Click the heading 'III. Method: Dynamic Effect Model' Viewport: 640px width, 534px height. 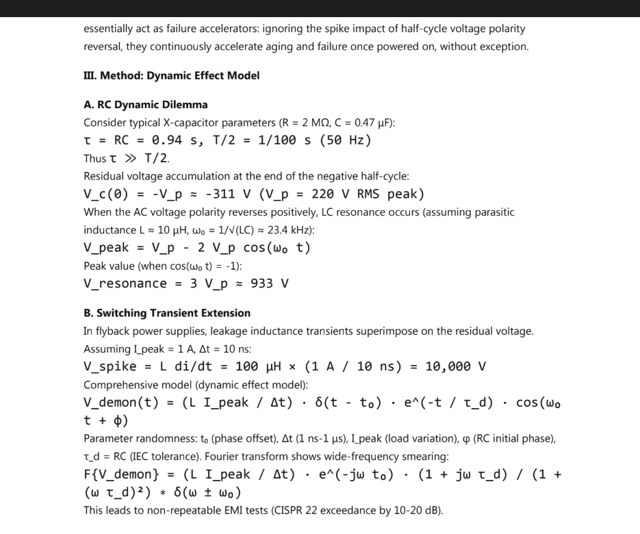coord(171,75)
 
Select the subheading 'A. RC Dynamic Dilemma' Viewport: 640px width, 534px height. coord(145,105)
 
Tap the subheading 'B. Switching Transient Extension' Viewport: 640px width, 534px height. coord(167,313)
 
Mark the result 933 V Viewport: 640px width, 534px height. coord(270,283)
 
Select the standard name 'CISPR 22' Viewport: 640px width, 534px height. coord(310,510)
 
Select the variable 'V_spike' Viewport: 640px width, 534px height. coord(110,366)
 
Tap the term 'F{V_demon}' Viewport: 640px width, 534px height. coord(120,474)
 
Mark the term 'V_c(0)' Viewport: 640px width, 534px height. coord(106,194)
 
